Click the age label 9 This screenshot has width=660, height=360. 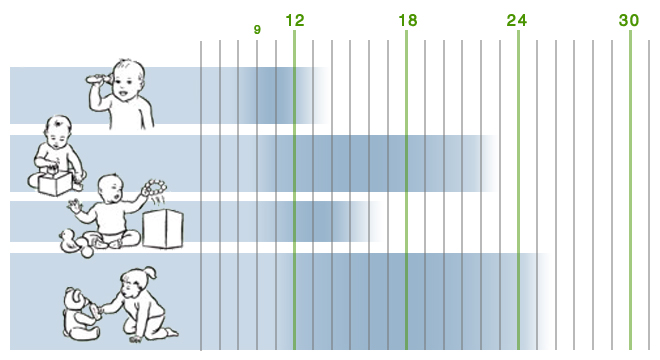coord(257,29)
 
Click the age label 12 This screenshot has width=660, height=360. coord(295,20)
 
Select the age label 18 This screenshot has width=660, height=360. coord(407,20)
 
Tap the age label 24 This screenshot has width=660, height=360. coord(517,20)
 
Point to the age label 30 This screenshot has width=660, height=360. coord(629,20)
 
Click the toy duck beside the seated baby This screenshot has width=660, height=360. coord(69,241)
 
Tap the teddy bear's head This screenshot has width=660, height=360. coord(76,298)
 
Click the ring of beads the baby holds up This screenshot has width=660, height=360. coord(154,187)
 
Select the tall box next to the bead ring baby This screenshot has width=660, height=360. coord(163,229)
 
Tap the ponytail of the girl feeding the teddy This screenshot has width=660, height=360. coord(150,272)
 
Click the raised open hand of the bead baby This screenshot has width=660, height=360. coord(74,207)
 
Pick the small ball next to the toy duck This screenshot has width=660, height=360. coord(87,252)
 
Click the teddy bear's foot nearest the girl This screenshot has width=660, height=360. coord(96,312)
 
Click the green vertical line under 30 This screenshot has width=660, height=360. coord(630,189)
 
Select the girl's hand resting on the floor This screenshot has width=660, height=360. coord(136,338)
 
